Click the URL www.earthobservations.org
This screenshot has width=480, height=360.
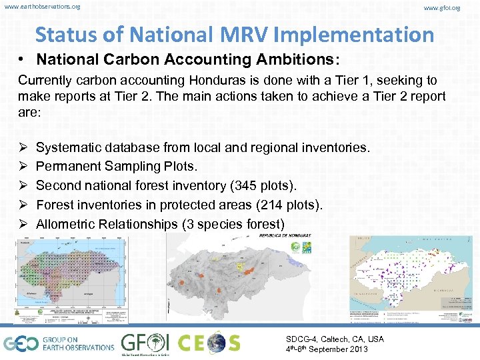42,7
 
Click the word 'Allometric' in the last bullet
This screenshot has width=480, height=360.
65,224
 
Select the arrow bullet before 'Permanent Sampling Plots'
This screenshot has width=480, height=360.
23,166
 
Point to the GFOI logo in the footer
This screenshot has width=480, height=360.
145,344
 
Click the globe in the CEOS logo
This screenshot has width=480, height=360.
217,343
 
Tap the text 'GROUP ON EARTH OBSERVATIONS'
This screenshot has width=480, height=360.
79,343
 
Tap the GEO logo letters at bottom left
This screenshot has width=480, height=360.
20,343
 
